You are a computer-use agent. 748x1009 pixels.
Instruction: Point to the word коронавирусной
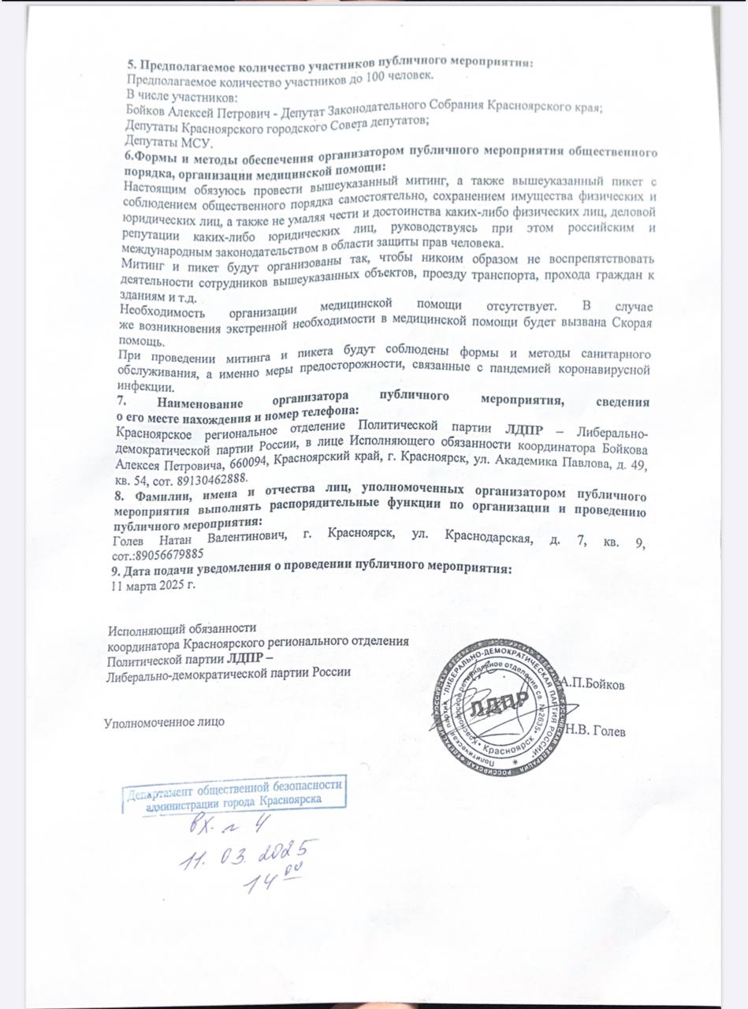point(607,370)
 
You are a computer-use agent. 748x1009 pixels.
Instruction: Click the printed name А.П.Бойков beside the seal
point(593,685)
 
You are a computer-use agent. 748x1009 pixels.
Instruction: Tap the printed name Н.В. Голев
point(595,733)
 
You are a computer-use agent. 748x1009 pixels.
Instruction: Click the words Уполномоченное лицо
point(165,720)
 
